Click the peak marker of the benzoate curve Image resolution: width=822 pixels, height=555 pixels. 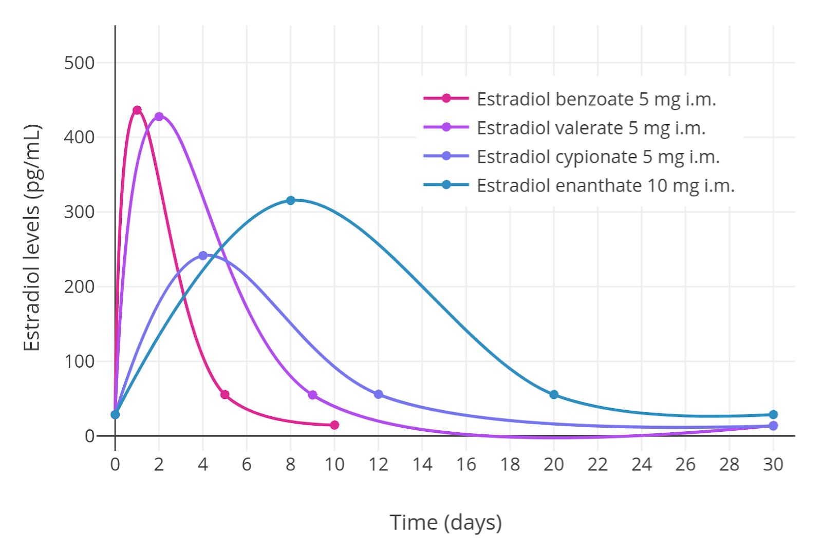pos(137,110)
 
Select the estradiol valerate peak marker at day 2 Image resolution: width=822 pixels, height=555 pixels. pos(159,117)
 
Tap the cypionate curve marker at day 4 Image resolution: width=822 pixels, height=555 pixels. pos(203,256)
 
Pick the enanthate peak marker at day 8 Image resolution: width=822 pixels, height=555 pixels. pos(291,200)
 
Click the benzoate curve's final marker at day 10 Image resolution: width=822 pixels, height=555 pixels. pos(334,425)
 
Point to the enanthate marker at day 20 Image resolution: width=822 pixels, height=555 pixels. pos(554,395)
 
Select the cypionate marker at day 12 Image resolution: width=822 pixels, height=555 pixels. pos(379,394)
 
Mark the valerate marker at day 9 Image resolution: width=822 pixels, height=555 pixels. pos(312,395)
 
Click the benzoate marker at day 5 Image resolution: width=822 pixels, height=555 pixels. pos(225,395)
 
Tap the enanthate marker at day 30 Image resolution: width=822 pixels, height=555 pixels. pos(773,415)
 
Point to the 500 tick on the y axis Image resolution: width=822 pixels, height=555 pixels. pos(79,63)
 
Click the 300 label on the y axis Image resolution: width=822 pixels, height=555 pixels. pos(79,212)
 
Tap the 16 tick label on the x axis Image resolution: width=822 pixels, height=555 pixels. pos(466,465)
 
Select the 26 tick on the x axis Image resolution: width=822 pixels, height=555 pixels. pos(685,465)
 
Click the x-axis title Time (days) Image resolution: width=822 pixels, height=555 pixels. pos(445,523)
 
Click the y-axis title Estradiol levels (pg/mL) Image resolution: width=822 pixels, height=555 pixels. pos(32,237)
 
